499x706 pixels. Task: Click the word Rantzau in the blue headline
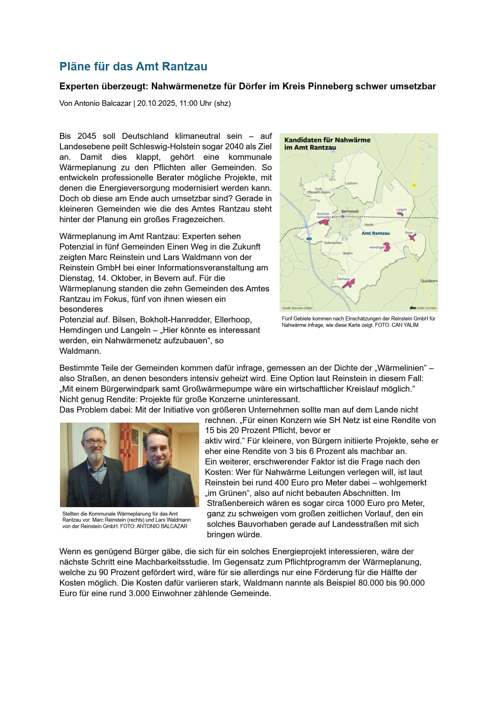pyautogui.click(x=185, y=66)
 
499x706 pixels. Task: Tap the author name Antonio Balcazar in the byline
pyautogui.click(x=103, y=103)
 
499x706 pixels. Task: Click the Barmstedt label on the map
pyautogui.click(x=350, y=211)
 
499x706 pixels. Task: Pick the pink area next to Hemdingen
pyautogui.click(x=387, y=246)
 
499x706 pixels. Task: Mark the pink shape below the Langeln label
pyautogui.click(x=400, y=214)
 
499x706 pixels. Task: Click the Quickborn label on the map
pyautogui.click(x=429, y=281)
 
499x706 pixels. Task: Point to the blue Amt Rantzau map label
pyautogui.click(x=375, y=233)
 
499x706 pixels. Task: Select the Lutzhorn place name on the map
pyautogui.click(x=351, y=183)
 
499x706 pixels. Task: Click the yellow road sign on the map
pyautogui.click(x=414, y=185)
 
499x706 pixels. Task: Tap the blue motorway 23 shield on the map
pyautogui.click(x=309, y=239)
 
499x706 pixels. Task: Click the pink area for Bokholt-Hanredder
pyautogui.click(x=324, y=221)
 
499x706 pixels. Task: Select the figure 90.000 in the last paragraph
pyautogui.click(x=411, y=583)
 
